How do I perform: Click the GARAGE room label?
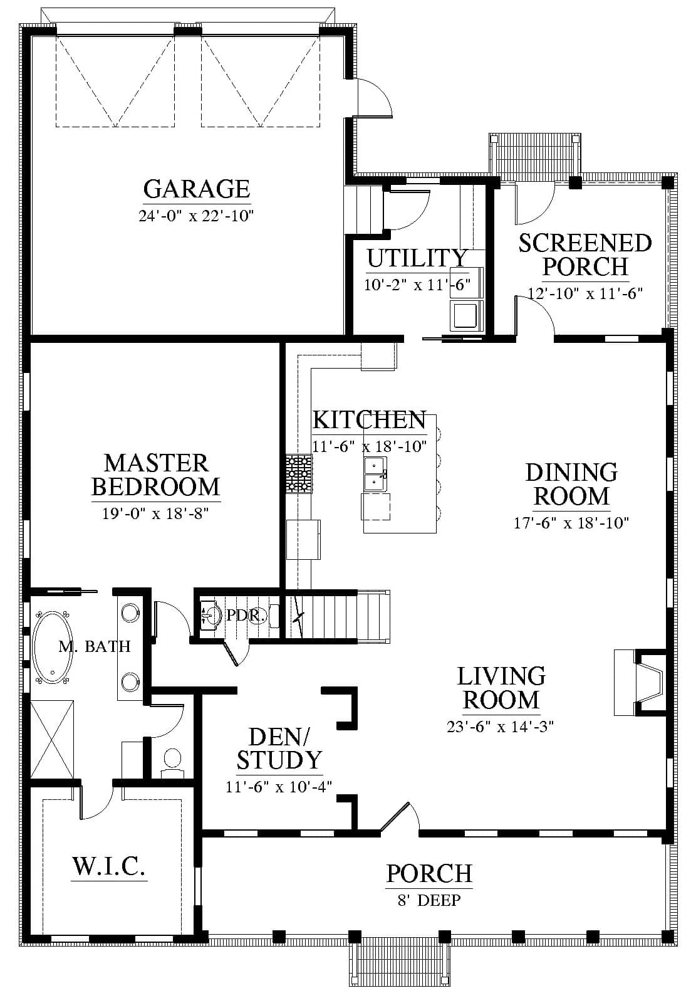[x=196, y=189]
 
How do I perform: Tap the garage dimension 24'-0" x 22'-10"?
[x=196, y=216]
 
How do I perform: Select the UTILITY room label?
[x=417, y=258]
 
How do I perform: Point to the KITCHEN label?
[x=370, y=420]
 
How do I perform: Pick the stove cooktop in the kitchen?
[x=299, y=473]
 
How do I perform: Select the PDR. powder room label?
[x=246, y=615]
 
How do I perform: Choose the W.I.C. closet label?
[x=109, y=866]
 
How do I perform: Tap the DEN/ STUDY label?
[x=279, y=748]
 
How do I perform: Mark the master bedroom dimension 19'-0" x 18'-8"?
[x=156, y=513]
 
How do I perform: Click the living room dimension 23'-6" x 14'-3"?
[x=500, y=726]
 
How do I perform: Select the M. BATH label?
[x=95, y=646]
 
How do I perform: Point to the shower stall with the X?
[x=52, y=740]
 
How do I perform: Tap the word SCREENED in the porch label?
[x=585, y=243]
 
